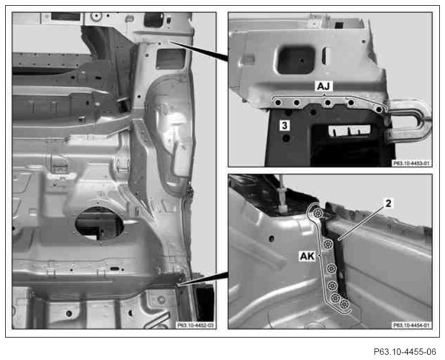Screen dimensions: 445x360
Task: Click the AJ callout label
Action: (x=324, y=86)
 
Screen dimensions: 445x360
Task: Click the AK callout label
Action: (x=307, y=256)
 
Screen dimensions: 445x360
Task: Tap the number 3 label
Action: (x=285, y=125)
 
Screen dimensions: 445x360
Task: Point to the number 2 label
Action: (x=389, y=203)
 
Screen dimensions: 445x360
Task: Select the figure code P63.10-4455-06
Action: (x=405, y=352)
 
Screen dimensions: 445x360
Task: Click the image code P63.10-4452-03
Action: (x=195, y=325)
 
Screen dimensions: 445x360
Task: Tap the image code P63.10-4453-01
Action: (x=411, y=163)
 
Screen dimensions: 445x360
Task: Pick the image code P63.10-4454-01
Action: (x=411, y=325)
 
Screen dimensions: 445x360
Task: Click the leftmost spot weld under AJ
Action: (x=278, y=102)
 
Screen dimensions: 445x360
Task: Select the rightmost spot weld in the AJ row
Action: (x=378, y=109)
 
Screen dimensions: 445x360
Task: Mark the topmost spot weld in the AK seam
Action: (x=317, y=213)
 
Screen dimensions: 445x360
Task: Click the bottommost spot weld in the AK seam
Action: (x=344, y=304)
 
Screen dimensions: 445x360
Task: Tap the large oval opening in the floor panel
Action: (x=99, y=223)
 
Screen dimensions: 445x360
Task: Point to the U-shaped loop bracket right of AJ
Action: (x=410, y=120)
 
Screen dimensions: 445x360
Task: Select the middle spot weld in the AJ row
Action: (x=328, y=102)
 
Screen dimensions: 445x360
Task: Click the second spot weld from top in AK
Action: (x=328, y=244)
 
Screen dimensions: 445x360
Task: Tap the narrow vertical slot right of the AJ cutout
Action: (x=324, y=56)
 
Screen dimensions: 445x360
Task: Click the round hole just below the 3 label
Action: (x=287, y=138)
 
